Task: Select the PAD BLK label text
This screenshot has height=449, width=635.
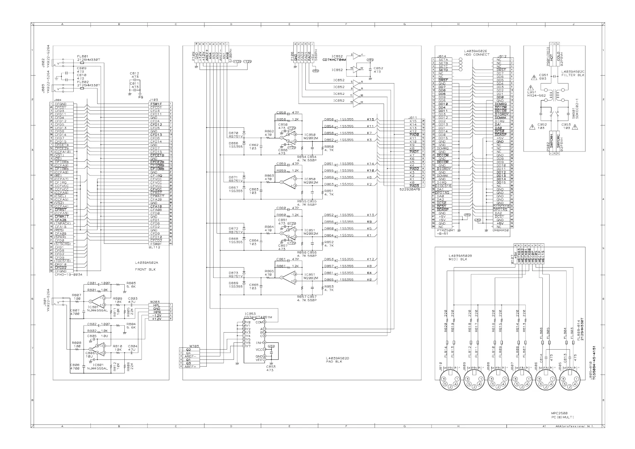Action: point(334,362)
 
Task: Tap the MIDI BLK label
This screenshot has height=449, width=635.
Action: point(458,259)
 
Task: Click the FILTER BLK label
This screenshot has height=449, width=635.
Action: point(573,75)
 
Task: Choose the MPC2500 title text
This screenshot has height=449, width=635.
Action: point(559,413)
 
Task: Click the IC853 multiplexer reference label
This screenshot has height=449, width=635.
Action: point(250,314)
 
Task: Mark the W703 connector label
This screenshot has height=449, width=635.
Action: point(194,346)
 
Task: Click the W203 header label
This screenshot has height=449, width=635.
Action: point(155,302)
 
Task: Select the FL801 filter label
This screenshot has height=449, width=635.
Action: point(82,56)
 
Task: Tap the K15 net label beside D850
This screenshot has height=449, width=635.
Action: point(370,119)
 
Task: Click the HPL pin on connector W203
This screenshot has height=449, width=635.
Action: point(157,305)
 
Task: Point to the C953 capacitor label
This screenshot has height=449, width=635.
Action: point(566,124)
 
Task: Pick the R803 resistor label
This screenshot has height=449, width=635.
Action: point(131,283)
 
